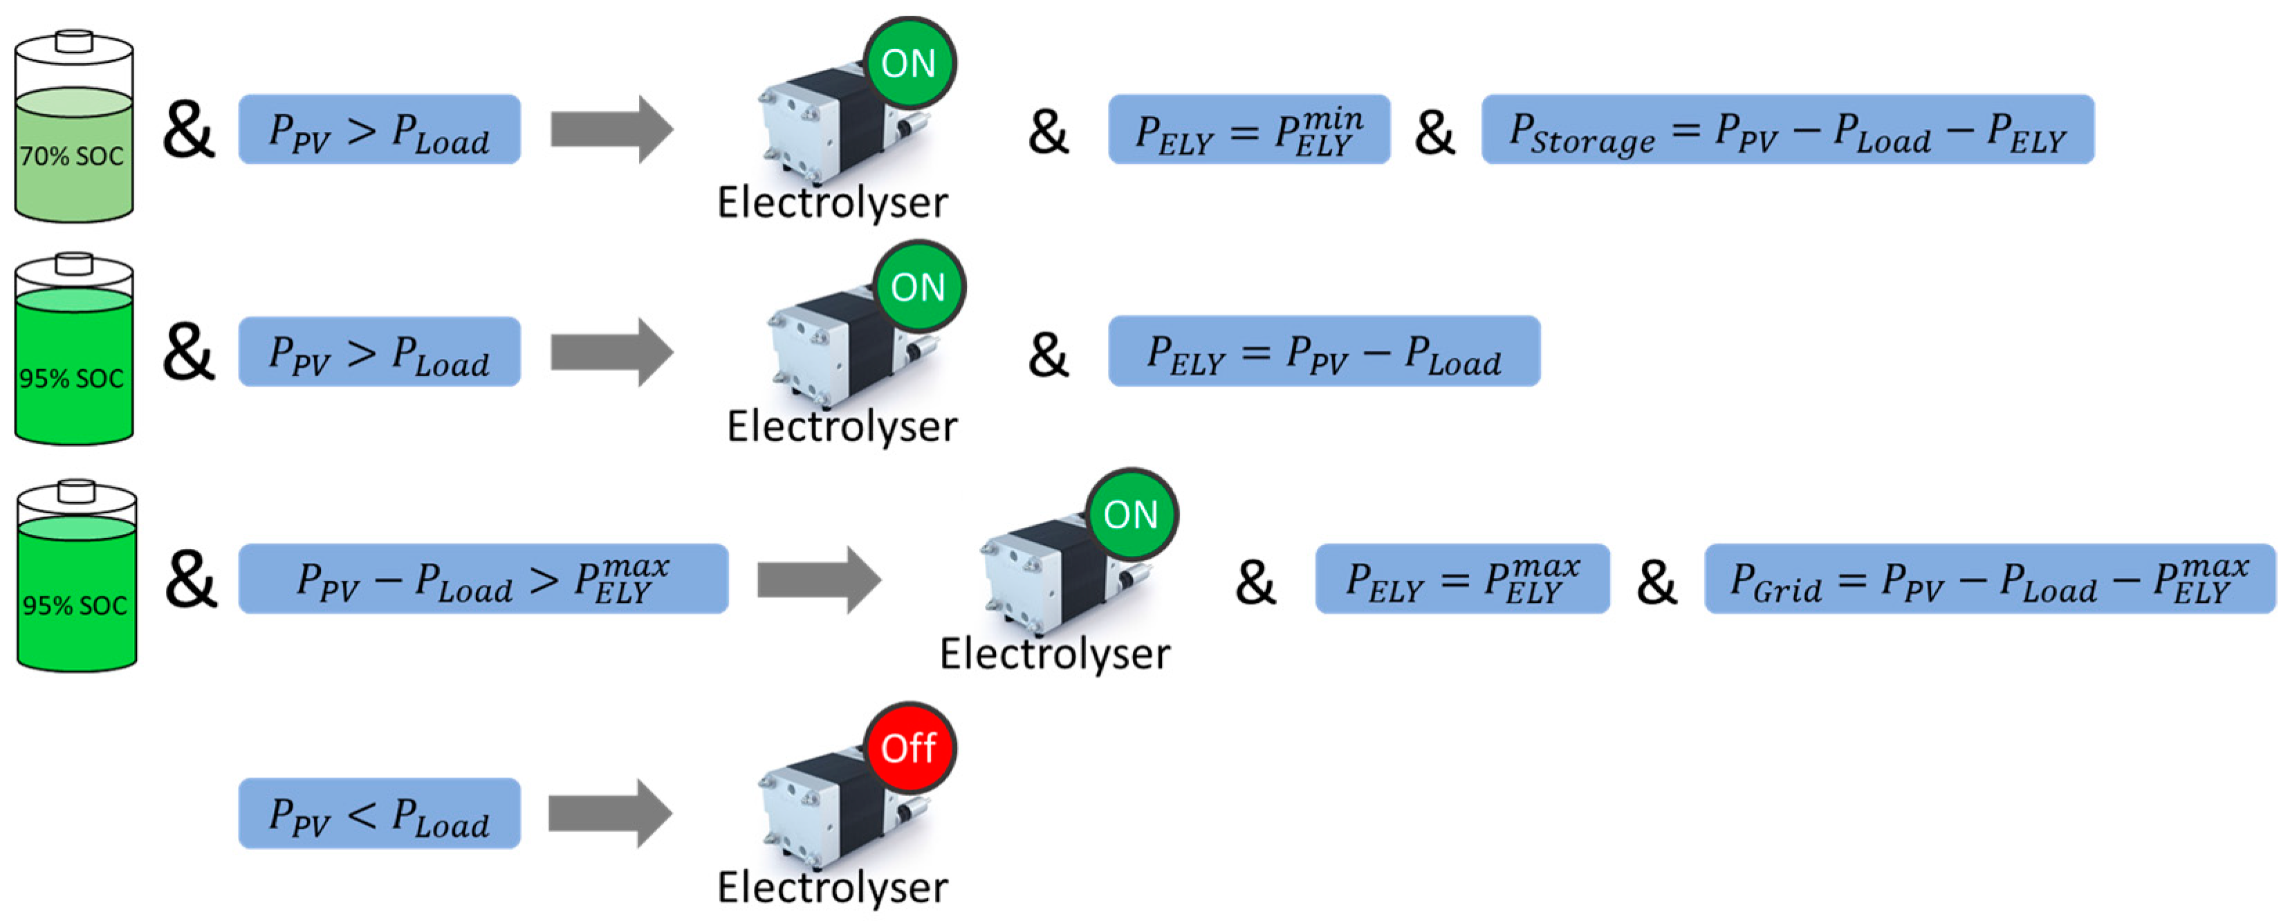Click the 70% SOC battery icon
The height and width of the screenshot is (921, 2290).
(74, 129)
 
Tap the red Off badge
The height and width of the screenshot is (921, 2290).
(909, 747)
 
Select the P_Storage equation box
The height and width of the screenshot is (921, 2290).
(1787, 130)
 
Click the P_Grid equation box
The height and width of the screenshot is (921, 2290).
(1988, 579)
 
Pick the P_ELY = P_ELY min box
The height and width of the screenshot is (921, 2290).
(1248, 130)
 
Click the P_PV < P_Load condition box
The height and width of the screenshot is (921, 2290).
(380, 813)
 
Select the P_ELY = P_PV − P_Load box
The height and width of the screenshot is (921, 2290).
(1323, 351)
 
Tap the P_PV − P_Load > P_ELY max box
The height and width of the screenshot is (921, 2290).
(483, 579)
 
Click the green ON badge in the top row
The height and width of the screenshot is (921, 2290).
(909, 63)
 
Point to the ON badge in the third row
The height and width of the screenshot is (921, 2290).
(1131, 514)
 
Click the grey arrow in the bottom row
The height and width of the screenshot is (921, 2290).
(610, 813)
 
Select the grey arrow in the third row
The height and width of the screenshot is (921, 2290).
(818, 579)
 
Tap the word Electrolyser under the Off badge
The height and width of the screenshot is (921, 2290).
(832, 887)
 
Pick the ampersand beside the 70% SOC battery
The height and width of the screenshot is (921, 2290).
(187, 131)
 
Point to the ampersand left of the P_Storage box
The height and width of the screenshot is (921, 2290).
(1434, 131)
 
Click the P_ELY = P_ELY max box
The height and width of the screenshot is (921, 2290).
(1461, 579)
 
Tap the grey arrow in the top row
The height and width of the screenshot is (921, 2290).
(611, 130)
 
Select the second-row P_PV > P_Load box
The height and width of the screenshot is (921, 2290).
(380, 351)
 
